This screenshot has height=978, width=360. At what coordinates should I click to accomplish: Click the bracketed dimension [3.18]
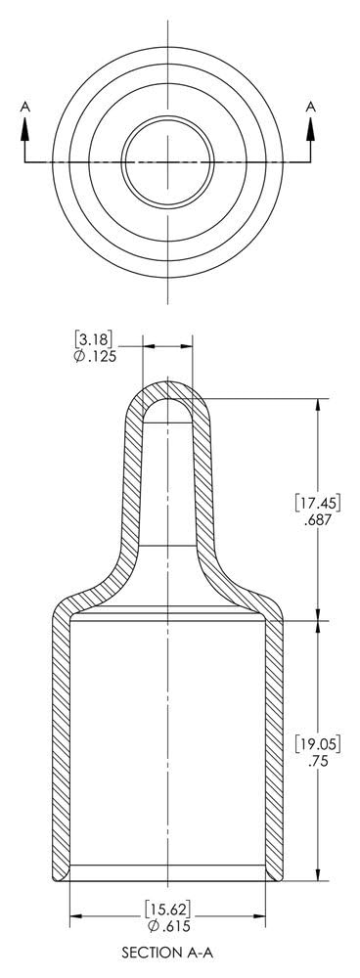point(94,340)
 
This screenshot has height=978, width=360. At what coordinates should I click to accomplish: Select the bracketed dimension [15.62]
point(167,907)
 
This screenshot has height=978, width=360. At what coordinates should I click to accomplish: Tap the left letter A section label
point(25,108)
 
